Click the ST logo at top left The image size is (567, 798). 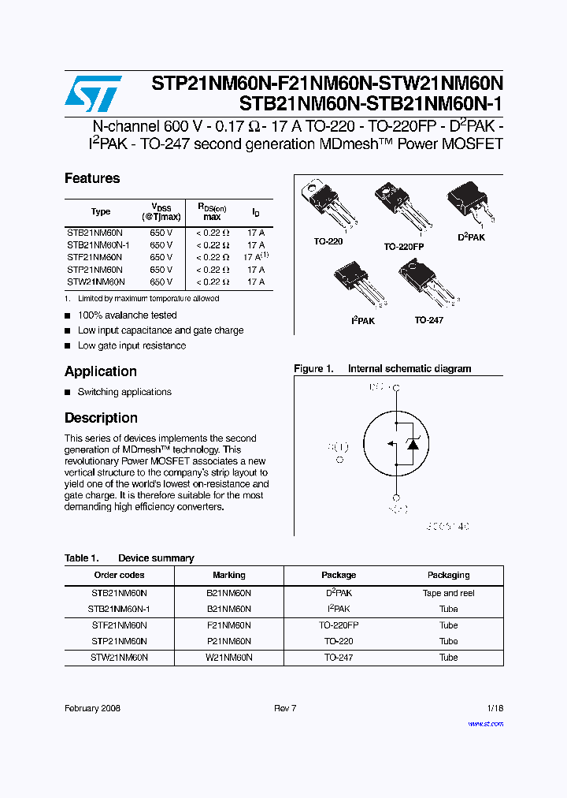coord(93,95)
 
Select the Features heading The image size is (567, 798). coord(92,178)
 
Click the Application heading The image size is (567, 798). coord(100,371)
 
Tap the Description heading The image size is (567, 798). coord(101,418)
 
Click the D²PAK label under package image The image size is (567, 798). coord(471,237)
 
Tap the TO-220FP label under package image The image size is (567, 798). coord(404,246)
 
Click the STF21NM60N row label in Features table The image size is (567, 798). coord(94,257)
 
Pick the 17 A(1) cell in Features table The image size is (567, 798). coord(256,256)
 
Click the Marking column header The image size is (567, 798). coord(229,575)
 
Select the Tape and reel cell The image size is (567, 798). coord(448,593)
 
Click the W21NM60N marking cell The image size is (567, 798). coord(229,657)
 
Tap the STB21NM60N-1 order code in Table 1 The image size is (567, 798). coord(119,609)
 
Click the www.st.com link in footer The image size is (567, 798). coord(485,723)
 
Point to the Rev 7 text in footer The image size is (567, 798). coord(284,708)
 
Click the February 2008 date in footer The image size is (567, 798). coord(92,708)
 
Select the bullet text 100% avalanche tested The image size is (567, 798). coord(127,315)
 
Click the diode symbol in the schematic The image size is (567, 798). coord(411,444)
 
